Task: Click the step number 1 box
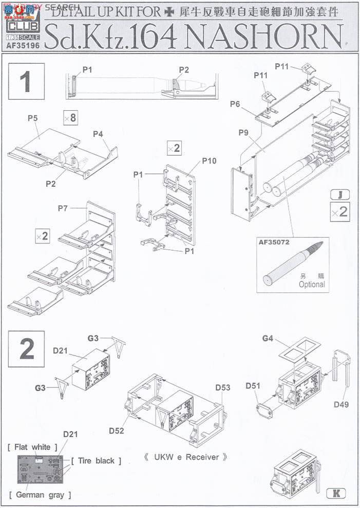click(27, 82)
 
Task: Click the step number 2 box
click(27, 349)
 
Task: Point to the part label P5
click(32, 119)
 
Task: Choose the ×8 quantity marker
click(70, 118)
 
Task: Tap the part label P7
click(63, 208)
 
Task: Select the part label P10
click(209, 161)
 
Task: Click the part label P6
click(235, 104)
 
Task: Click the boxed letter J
click(339, 194)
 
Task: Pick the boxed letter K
click(336, 493)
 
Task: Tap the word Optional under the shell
click(312, 284)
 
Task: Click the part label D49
click(342, 404)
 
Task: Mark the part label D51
click(253, 386)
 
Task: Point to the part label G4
click(268, 338)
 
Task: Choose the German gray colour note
click(40, 495)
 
